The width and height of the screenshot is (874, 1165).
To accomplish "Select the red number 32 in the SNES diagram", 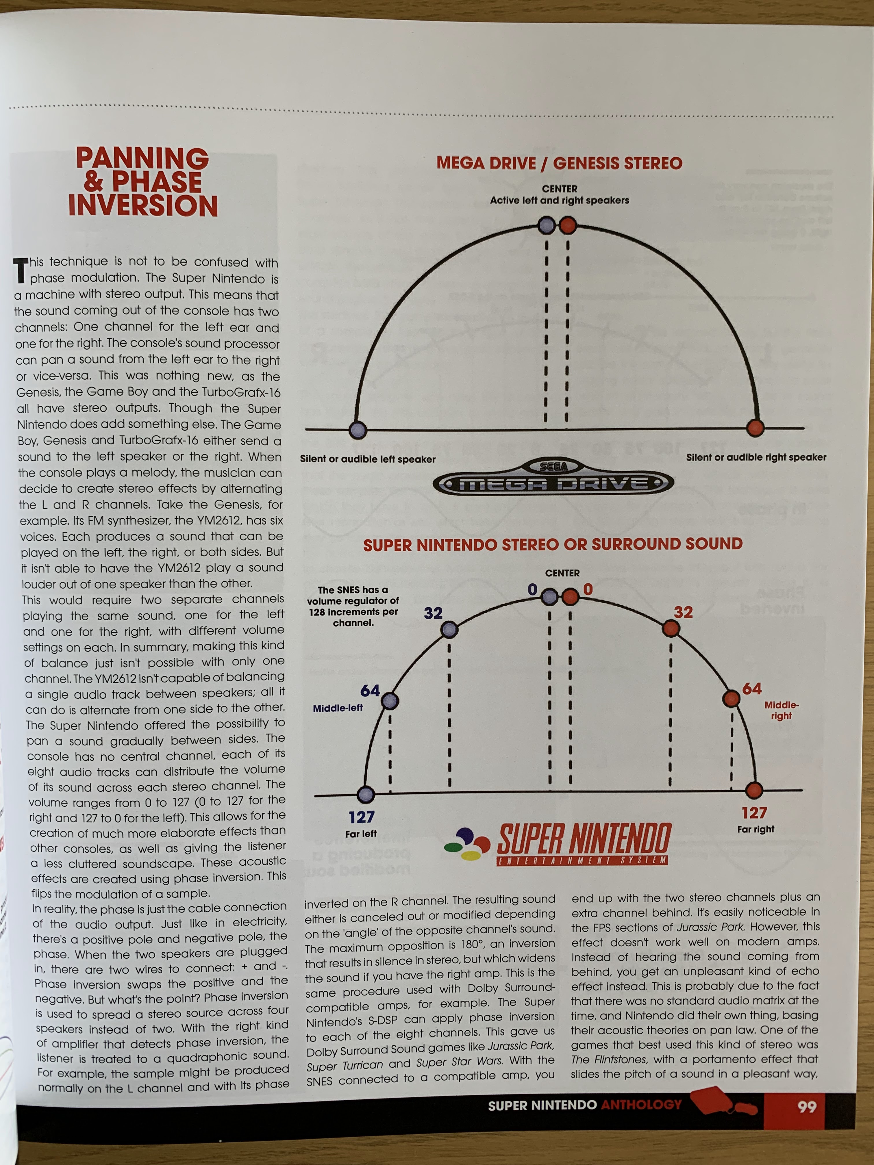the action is point(683,612).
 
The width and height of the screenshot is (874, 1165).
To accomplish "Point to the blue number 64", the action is point(370,691).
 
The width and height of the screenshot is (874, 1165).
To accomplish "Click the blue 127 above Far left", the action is point(361,817).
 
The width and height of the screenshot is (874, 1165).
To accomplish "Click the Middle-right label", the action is point(781,710).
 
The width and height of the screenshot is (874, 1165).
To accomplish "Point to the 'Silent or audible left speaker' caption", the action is point(368,459).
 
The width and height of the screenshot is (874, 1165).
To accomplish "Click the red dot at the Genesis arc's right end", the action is point(756,428).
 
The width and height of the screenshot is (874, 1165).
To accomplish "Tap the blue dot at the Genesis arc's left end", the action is point(358,429).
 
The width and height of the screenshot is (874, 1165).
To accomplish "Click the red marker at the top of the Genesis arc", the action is point(567,226).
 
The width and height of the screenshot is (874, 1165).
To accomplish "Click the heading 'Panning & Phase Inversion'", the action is point(143,182).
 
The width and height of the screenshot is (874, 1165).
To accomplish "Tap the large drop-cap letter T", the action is point(21,270).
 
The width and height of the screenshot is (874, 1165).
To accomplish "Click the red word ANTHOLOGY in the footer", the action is point(641,1104).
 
